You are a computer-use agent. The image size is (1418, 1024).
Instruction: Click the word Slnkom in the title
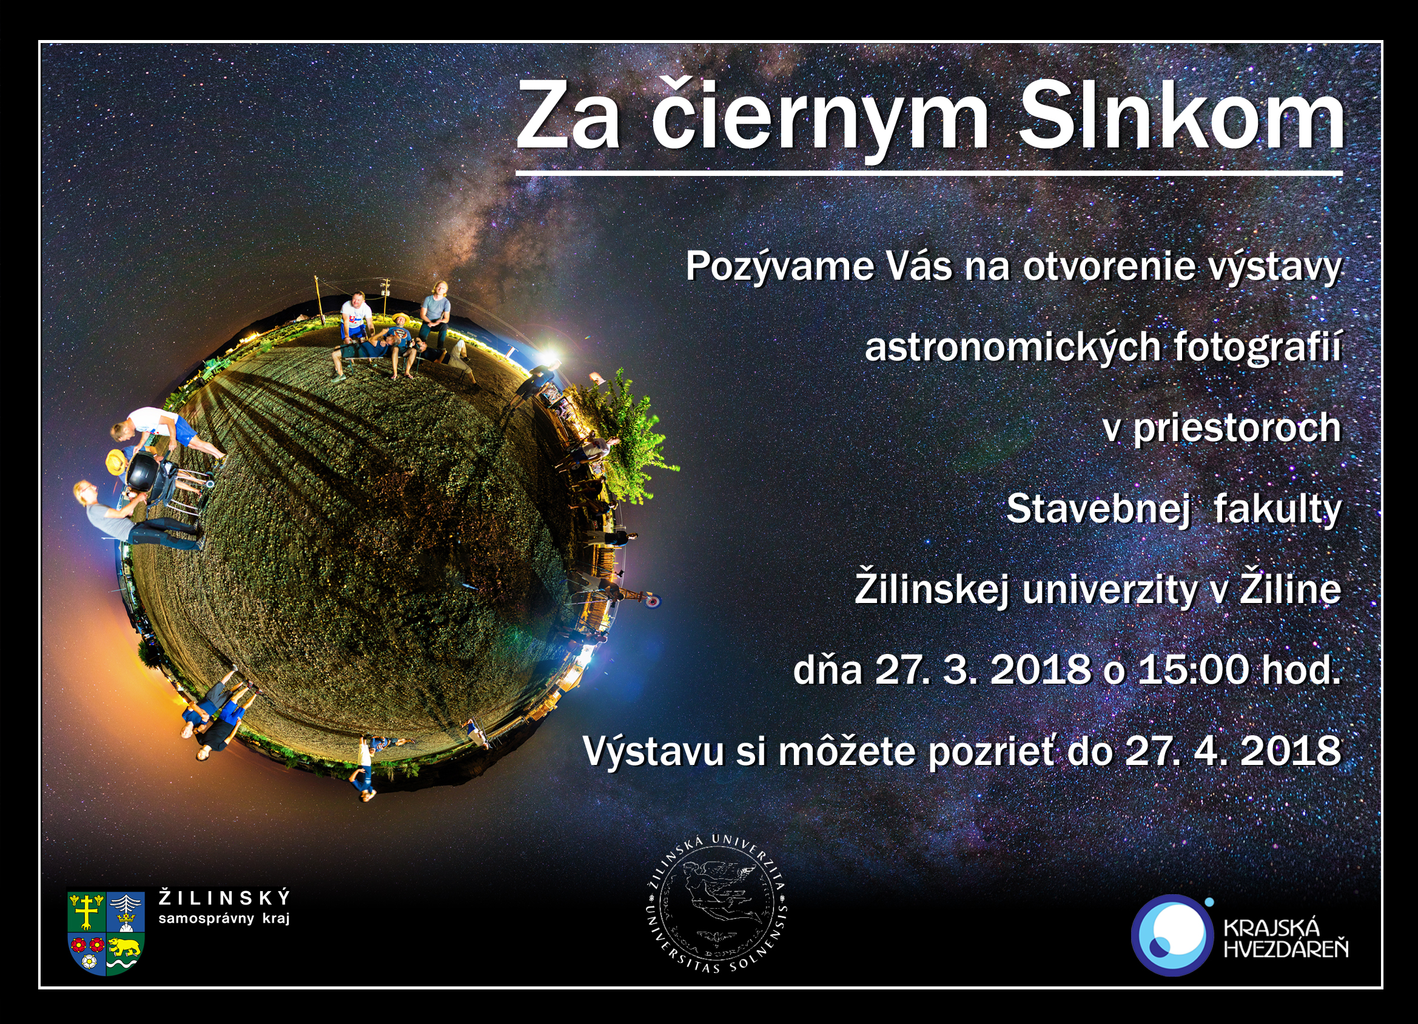coord(1181,116)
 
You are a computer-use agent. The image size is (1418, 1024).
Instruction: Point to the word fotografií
coord(1257,346)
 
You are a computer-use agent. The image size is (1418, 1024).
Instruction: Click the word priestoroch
coord(1237,429)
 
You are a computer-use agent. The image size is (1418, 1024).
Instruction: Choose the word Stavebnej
coord(1098,508)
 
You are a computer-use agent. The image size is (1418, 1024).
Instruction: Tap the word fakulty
coord(1277,508)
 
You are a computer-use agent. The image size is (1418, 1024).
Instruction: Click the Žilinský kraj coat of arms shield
coord(106,932)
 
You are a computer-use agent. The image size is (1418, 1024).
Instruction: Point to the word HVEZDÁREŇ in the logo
coord(1286,949)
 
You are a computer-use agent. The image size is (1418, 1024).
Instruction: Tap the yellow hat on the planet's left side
coord(116,461)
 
